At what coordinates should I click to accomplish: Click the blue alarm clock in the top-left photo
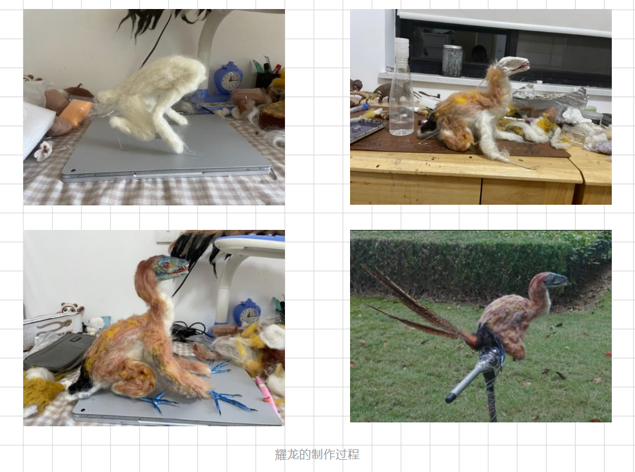(228, 79)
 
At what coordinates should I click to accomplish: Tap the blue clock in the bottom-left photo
(247, 313)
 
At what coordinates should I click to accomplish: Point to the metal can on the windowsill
(453, 61)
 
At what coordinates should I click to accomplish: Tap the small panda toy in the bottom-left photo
(72, 309)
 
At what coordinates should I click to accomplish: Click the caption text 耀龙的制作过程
(317, 454)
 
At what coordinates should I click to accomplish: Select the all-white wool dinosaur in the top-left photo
(152, 99)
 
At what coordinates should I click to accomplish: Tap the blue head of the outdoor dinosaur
(555, 280)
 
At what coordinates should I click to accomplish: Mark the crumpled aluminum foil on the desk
(551, 97)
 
